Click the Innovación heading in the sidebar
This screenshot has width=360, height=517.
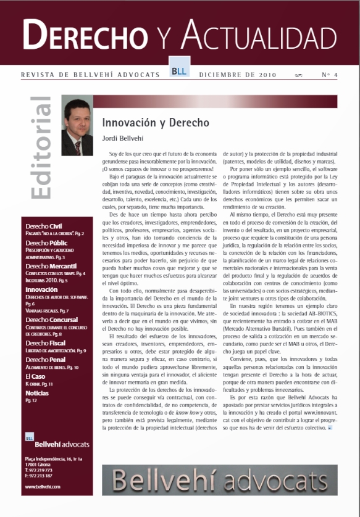tap(42, 289)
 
